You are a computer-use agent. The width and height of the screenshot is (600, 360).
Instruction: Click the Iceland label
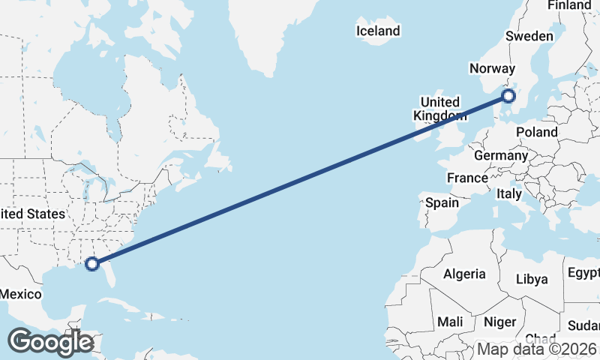click(x=378, y=31)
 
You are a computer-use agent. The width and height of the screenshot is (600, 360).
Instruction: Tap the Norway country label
click(x=491, y=69)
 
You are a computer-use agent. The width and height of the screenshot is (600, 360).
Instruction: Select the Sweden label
click(x=529, y=36)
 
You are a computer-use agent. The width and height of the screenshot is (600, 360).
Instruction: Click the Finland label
click(x=569, y=5)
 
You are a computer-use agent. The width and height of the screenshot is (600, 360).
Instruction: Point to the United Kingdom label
click(x=439, y=109)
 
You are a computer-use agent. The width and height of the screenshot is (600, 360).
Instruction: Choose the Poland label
click(x=537, y=132)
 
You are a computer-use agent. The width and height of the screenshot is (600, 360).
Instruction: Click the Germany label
click(x=501, y=156)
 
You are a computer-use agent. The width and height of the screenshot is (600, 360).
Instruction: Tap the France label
click(x=467, y=178)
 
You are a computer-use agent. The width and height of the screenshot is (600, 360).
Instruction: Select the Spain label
click(x=442, y=202)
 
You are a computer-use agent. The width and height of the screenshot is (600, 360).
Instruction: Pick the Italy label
click(x=509, y=194)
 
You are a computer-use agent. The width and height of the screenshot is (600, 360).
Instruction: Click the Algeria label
click(x=464, y=274)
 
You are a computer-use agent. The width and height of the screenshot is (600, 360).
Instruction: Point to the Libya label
click(x=532, y=279)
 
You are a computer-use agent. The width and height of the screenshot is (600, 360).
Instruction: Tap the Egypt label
click(x=583, y=271)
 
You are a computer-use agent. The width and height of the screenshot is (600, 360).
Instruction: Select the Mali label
click(x=450, y=321)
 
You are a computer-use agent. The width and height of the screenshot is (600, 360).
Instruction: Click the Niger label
click(x=500, y=321)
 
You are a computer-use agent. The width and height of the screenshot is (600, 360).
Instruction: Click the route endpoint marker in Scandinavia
click(x=508, y=96)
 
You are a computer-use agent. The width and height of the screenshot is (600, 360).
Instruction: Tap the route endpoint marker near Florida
click(x=92, y=263)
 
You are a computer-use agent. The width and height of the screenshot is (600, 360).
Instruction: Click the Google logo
click(x=50, y=342)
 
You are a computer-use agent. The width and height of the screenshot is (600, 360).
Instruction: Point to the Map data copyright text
click(x=537, y=349)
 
